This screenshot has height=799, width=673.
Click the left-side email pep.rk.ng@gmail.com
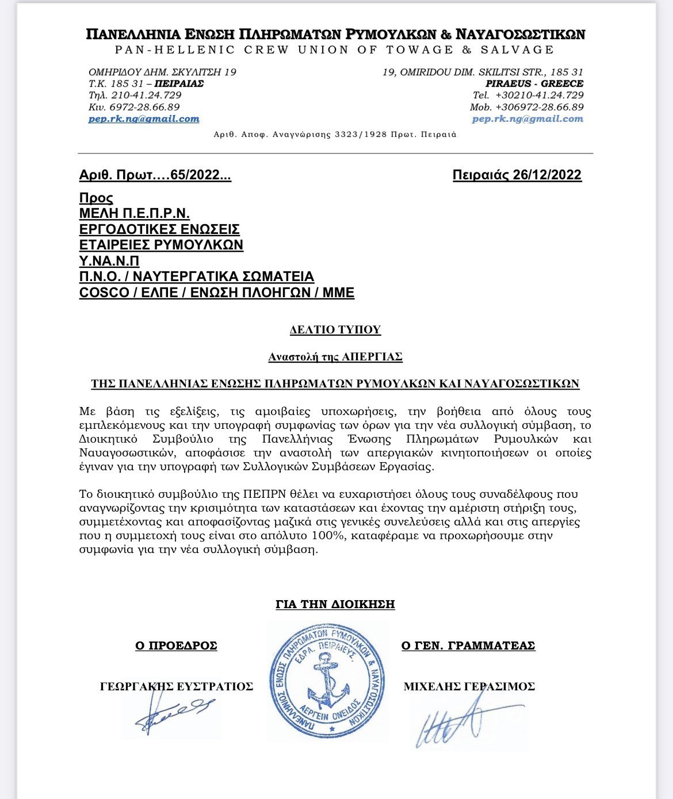coord(144,119)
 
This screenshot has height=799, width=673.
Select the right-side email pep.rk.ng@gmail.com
coord(527,119)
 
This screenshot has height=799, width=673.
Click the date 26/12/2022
coord(546,175)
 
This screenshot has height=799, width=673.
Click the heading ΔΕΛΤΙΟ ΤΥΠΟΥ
coord(335,330)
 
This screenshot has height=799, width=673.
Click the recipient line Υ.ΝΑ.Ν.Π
coord(110,260)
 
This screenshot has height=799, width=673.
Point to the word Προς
coord(96,198)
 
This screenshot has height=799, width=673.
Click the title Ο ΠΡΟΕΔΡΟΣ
coord(176,646)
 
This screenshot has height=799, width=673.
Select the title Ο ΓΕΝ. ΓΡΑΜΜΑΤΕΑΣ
coord(468,646)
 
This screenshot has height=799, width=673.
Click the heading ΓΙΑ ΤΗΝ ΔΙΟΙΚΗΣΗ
coord(335,604)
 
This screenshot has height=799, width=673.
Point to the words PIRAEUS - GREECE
coord(534,83)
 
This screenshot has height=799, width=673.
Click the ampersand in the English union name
coord(466,49)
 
